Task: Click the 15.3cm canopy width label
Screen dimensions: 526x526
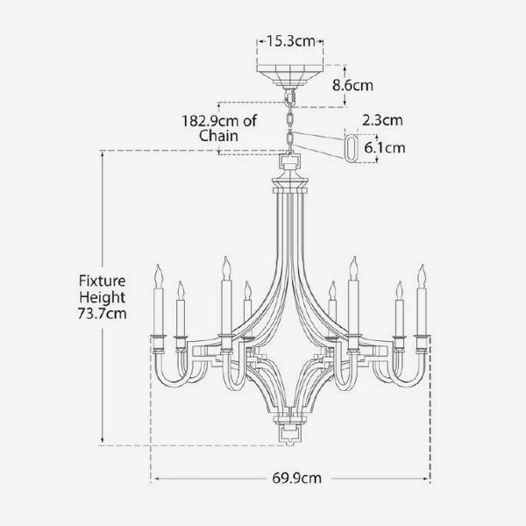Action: tap(291, 41)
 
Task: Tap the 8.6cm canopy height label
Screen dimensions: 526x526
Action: tap(352, 85)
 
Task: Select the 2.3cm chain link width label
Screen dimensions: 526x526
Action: tap(382, 120)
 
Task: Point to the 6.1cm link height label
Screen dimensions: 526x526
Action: tap(385, 147)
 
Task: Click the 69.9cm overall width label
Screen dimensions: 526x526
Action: tap(297, 478)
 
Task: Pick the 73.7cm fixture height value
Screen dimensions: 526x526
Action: tap(103, 314)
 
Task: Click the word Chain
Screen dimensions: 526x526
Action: tap(218, 136)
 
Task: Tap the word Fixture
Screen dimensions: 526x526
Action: tap(103, 281)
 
